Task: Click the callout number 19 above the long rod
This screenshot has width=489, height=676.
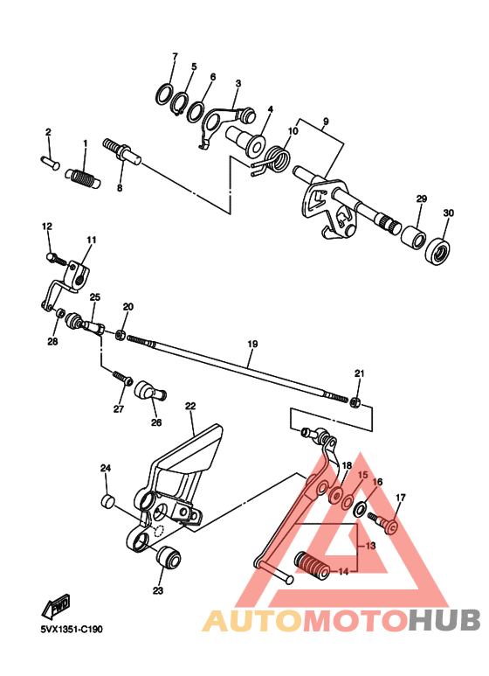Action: click(x=251, y=345)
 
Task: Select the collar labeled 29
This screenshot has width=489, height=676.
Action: click(x=413, y=237)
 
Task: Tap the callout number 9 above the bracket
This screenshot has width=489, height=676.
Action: click(x=325, y=122)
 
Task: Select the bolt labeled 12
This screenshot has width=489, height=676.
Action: click(x=54, y=257)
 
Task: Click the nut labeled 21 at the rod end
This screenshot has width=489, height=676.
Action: click(x=356, y=401)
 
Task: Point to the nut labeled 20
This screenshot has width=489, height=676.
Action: click(x=121, y=335)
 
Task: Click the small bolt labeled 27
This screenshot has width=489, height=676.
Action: click(x=121, y=379)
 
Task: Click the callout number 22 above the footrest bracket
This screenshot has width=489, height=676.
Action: click(x=189, y=407)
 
